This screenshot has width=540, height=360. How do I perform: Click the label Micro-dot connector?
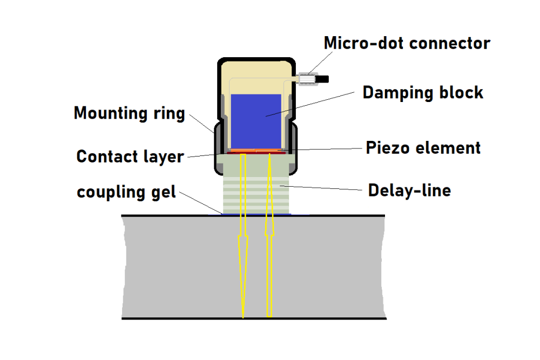click(x=407, y=43)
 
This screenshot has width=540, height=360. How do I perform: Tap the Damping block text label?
click(x=423, y=92)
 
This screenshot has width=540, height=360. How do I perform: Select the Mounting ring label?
click(x=129, y=113)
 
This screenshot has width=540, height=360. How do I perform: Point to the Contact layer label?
click(x=130, y=157)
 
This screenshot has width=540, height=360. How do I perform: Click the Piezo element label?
click(x=423, y=147)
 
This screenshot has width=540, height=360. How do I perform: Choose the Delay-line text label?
click(x=409, y=190)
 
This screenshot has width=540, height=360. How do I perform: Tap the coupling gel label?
click(x=127, y=192)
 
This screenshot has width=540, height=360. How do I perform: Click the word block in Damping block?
click(x=459, y=92)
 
